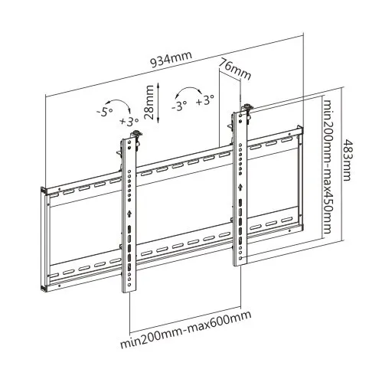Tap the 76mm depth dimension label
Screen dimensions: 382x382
(x=235, y=69)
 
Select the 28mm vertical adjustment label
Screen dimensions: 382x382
(x=149, y=103)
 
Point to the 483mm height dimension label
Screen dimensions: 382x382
(x=347, y=160)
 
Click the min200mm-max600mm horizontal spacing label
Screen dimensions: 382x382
(x=186, y=330)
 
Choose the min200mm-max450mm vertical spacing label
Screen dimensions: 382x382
(x=327, y=166)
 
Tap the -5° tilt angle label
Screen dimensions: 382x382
(x=105, y=112)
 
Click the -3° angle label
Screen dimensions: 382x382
(x=180, y=105)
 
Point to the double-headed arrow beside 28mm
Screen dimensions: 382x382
(x=158, y=103)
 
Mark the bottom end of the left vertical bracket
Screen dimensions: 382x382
(x=129, y=292)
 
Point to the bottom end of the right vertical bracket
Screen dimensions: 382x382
(x=240, y=265)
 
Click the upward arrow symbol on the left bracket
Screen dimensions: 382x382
(x=129, y=214)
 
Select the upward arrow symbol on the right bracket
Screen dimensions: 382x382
(x=240, y=188)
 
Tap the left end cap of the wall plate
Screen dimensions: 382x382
(x=44, y=239)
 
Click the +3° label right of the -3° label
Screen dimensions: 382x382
(x=205, y=100)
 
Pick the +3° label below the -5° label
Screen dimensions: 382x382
(x=129, y=121)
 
